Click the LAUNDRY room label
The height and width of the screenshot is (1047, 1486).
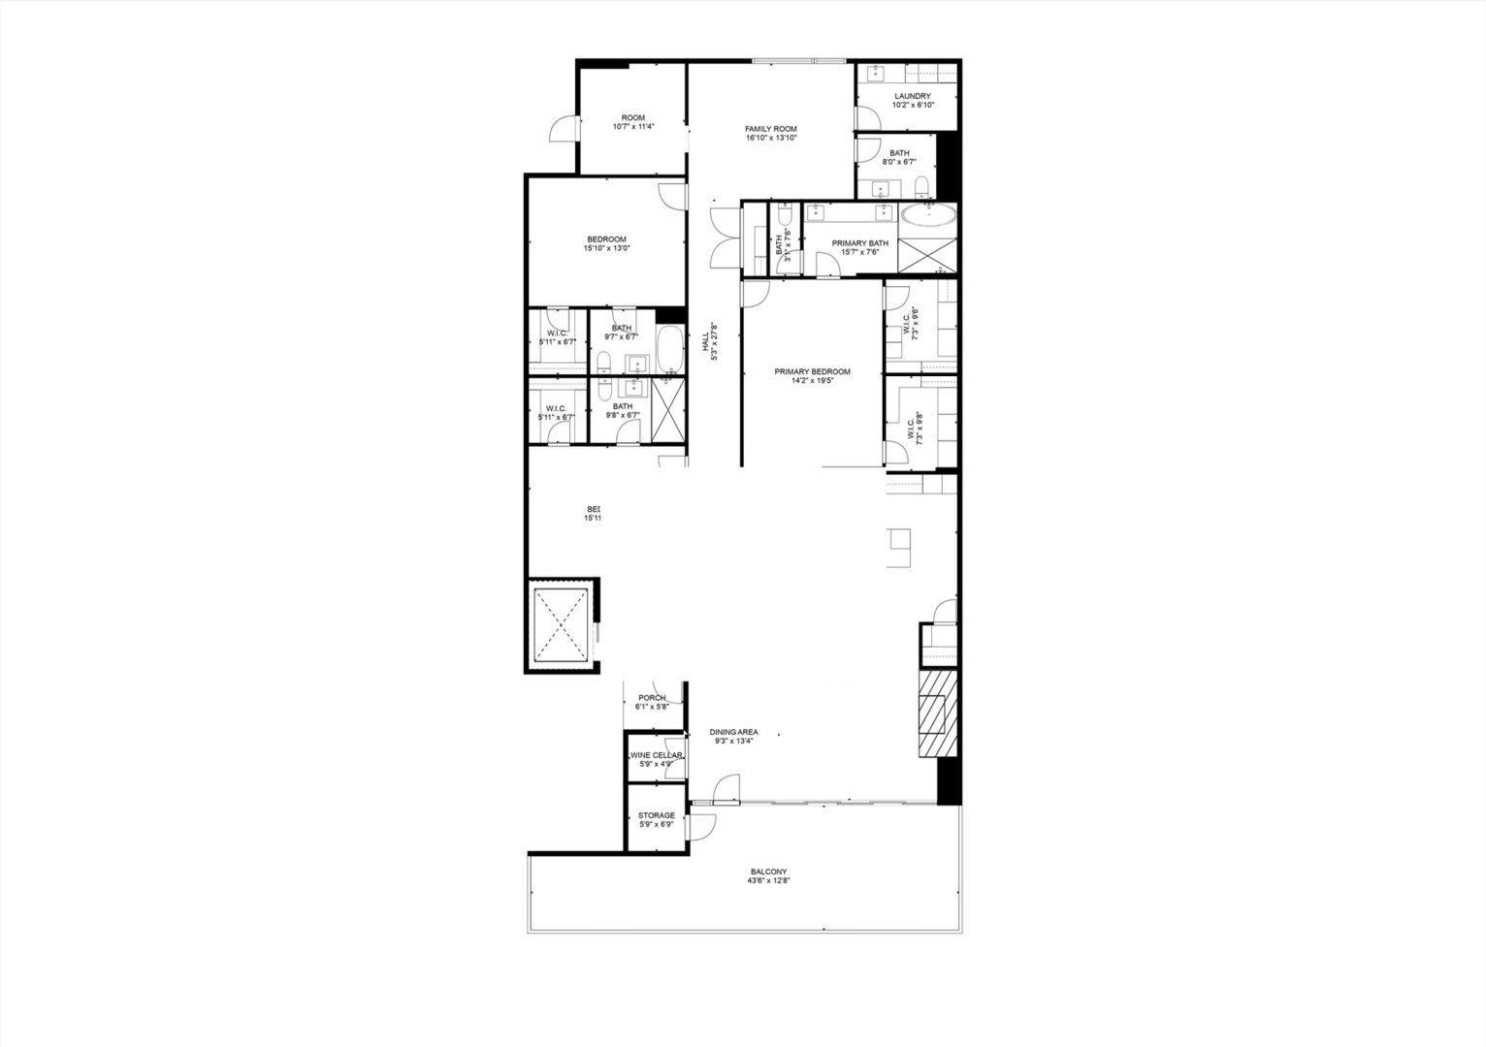(913, 96)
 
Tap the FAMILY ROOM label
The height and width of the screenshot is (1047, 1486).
(771, 129)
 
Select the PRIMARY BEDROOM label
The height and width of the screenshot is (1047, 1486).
(812, 371)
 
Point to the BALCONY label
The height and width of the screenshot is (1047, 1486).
(768, 871)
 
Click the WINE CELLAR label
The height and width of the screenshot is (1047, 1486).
(657, 755)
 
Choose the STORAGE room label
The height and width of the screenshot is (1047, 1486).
(657, 815)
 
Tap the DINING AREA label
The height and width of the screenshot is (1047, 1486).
(733, 732)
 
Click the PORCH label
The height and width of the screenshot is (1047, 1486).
(652, 698)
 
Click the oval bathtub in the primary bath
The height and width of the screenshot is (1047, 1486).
(928, 215)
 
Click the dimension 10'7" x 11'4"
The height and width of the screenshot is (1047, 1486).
(633, 127)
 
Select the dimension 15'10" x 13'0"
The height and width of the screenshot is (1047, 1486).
(606, 248)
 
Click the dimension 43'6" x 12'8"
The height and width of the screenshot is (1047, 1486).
(768, 881)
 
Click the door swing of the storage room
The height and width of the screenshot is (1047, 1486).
(701, 827)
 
